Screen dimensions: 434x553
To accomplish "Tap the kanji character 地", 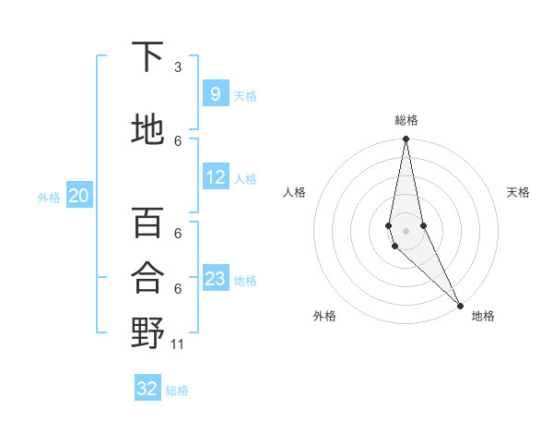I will (x=147, y=129).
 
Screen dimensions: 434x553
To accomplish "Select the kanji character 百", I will (x=147, y=223).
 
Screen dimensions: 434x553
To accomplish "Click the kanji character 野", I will (x=147, y=332).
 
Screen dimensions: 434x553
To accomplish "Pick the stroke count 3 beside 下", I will (x=178, y=67).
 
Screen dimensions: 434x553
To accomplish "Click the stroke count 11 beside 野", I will (x=178, y=344).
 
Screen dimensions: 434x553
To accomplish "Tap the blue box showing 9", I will (x=215, y=94).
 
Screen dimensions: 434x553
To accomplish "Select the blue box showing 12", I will (x=216, y=178).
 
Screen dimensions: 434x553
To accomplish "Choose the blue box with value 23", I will (x=216, y=279).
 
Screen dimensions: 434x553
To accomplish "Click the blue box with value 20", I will (x=79, y=196).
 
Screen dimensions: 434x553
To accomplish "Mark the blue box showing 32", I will (x=147, y=389).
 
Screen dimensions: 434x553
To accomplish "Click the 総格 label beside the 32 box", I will (x=177, y=391).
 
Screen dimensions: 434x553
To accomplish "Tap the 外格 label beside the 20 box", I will (x=49, y=197).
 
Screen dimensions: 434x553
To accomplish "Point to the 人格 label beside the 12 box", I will (x=245, y=179).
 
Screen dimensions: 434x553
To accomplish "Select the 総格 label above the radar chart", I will (x=406, y=120).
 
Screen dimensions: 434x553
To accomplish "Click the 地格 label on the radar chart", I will (x=483, y=316).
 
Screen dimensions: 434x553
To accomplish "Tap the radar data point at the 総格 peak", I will (x=406, y=139).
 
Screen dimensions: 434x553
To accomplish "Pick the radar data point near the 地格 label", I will (x=459, y=305).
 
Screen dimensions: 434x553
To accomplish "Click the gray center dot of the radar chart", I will (x=406, y=230).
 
